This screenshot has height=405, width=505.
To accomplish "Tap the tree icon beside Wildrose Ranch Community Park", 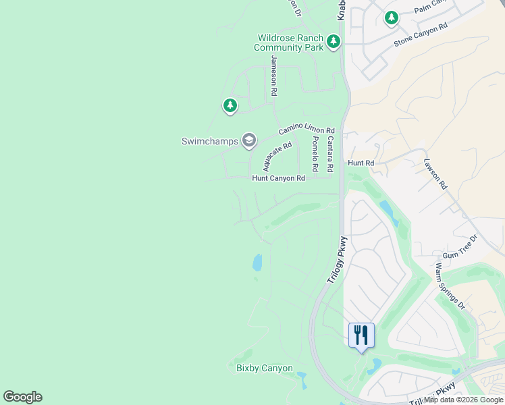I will pyautogui.click(x=333, y=43).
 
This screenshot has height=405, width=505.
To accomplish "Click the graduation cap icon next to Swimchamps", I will pyautogui.click(x=248, y=140).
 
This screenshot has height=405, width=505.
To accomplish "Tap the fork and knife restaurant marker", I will pyautogui.click(x=361, y=335).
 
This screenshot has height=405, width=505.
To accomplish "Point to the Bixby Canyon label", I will pyautogui.click(x=265, y=368).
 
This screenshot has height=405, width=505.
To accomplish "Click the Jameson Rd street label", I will pyautogui.click(x=274, y=75).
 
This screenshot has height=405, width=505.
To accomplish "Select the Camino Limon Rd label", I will pyautogui.click(x=307, y=131).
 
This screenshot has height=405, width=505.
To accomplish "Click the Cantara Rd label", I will pyautogui.click(x=329, y=153).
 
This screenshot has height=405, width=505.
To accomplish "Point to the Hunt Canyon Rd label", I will pyautogui.click(x=279, y=178).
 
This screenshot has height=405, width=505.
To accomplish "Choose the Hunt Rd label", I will pyautogui.click(x=361, y=163).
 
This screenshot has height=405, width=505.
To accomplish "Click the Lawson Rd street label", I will pyautogui.click(x=435, y=173).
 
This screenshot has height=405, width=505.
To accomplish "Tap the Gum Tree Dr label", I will pyautogui.click(x=460, y=248).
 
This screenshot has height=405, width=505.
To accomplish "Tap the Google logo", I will pyautogui.click(x=22, y=397).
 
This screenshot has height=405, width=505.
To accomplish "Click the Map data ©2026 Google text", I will pyautogui.click(x=464, y=400).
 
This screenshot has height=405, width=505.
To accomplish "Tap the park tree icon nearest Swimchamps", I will pyautogui.click(x=231, y=106).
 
